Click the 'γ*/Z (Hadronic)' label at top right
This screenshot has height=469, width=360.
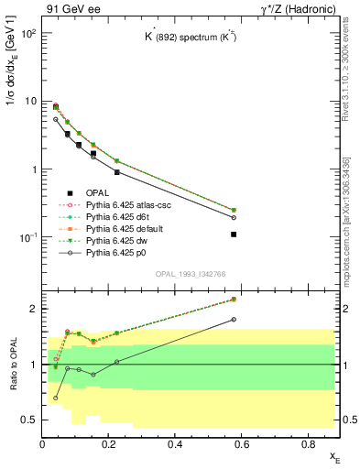coord(301,8)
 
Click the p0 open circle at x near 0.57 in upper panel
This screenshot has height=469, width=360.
coord(234,217)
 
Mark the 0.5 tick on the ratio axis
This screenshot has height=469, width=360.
coord(29,420)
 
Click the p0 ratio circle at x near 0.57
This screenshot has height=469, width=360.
coord(234,320)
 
